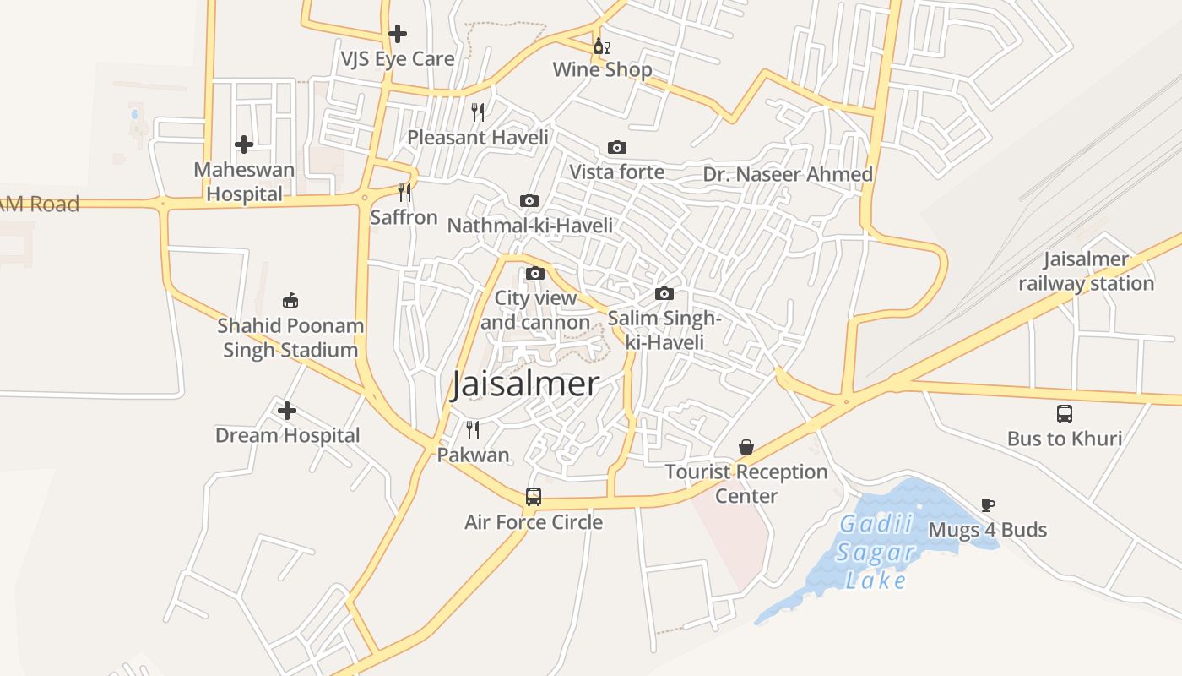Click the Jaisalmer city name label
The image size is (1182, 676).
525,384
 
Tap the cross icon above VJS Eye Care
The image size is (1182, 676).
398,34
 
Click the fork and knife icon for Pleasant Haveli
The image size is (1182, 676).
478,112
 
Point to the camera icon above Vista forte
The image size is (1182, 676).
617,148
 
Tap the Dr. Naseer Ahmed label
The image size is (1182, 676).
788,174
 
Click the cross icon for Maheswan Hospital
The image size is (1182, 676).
244,144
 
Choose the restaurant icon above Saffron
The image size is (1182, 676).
404,193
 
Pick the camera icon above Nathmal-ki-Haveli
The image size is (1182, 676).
529,201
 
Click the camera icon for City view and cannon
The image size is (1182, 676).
535,274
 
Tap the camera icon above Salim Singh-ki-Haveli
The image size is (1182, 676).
664,294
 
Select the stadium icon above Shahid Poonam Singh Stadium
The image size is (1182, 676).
290,300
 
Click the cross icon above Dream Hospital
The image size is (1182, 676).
287,412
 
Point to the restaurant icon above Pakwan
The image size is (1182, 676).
473,430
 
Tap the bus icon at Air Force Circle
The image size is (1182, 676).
534,497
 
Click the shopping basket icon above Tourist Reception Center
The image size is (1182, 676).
746,447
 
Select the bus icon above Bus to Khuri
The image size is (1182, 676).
1065,414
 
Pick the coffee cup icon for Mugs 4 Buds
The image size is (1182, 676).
988,505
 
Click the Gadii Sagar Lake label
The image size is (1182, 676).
876,552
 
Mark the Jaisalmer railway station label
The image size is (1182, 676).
1086,271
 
